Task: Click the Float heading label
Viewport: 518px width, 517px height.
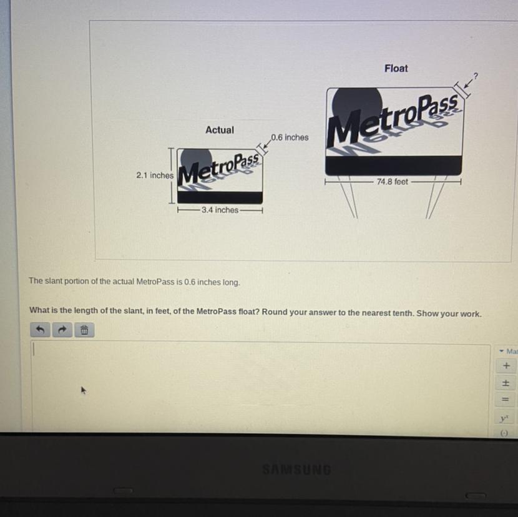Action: pos(396,69)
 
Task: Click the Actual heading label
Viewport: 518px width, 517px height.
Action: pos(220,130)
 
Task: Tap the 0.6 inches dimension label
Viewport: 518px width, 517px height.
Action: pos(290,137)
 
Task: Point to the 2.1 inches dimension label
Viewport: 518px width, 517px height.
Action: pos(155,175)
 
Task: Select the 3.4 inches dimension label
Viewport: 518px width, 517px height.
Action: pos(220,210)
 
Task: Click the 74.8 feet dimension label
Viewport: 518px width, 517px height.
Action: pos(393,182)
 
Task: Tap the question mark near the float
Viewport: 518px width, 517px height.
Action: pos(476,76)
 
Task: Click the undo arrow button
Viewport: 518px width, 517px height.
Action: pos(41,330)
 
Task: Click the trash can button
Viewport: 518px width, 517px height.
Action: pos(84,330)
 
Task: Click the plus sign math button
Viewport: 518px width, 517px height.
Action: pos(506,366)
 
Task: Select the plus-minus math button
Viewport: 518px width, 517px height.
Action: pos(506,383)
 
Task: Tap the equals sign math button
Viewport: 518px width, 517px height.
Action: pos(506,400)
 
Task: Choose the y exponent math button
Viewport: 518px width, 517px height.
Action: pos(504,418)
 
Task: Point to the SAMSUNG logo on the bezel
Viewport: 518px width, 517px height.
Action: pos(296,470)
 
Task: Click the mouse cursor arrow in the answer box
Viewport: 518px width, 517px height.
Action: pos(84,390)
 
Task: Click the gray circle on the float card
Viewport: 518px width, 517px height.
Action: pos(357,106)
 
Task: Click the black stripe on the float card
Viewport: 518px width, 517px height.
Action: pos(393,165)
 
